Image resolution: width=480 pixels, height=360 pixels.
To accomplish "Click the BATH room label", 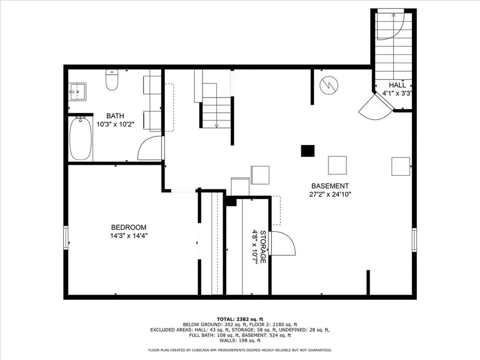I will coord(115,116).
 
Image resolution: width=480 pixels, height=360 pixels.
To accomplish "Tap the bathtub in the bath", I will coord(81,139).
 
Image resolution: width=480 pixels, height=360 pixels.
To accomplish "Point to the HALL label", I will coord(397,85).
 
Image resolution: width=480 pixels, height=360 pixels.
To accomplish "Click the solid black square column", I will coord(307,151).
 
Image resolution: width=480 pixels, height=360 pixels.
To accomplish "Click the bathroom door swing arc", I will coord(149,149).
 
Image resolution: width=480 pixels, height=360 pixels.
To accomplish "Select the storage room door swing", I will coord(284,243).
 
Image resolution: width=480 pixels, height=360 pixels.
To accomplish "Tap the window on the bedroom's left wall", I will coord(66,238).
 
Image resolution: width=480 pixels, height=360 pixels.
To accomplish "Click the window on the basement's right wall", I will coord(414,240).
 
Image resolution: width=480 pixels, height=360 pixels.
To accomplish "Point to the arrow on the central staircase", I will coord(217,125).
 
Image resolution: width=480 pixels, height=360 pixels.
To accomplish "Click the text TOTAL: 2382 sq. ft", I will coord(240,319).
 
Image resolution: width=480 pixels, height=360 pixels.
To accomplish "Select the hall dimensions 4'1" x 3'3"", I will coord(397,93).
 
